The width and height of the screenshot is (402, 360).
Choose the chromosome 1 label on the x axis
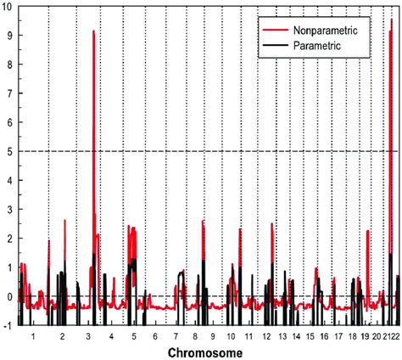click(x=33, y=336)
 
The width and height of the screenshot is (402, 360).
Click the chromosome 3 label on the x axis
click(x=89, y=336)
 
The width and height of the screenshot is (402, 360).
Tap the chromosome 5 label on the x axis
click(x=134, y=336)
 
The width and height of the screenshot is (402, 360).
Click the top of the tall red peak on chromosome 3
click(x=93, y=31)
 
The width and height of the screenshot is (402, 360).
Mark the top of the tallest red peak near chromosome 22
click(x=391, y=20)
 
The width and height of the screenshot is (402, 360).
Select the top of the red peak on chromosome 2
click(x=64, y=221)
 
